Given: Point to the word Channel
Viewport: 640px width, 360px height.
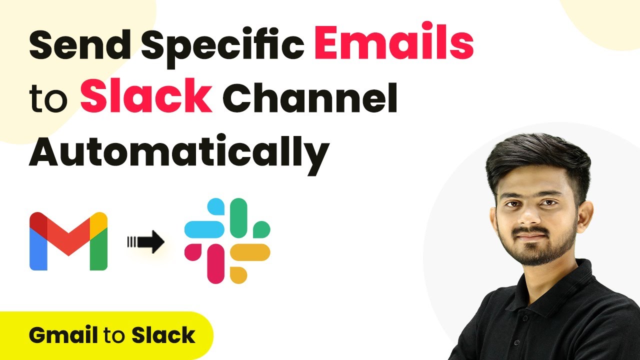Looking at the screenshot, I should (313, 97).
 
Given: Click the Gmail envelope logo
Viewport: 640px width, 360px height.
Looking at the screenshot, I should (68, 241).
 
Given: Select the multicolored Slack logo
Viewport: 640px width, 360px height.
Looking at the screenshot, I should (227, 240).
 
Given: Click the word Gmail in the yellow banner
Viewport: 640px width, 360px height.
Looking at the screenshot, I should (63, 335).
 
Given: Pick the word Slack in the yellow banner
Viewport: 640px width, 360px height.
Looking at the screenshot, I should (163, 335).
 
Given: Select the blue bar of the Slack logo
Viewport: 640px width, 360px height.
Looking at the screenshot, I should (204, 229).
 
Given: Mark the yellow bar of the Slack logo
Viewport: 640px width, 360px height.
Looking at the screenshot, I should (251, 252).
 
